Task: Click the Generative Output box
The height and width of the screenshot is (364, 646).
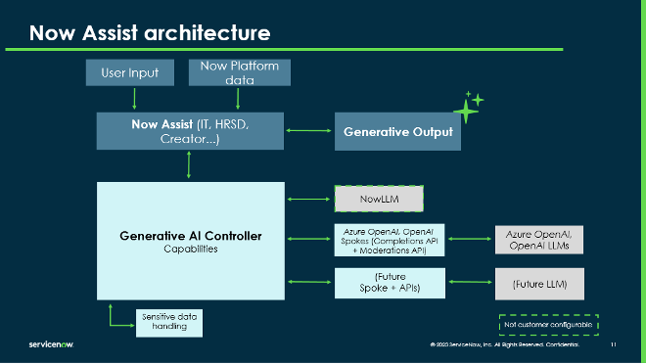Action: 398,132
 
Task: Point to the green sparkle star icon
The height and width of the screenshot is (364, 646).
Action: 468,108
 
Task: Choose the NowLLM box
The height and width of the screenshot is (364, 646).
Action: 379,200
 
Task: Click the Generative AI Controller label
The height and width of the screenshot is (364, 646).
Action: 190,237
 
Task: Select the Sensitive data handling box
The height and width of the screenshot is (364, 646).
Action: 169,323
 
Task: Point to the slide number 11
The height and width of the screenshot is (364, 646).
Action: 613,345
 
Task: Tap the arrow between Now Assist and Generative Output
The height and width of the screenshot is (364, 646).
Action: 308,131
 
